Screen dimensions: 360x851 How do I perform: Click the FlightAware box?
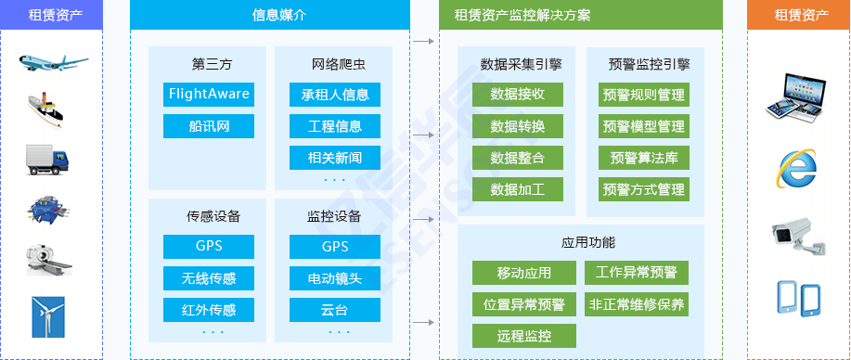pos(209,95)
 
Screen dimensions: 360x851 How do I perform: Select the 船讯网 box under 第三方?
pos(209,126)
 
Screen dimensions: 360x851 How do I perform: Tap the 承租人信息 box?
pos(335,95)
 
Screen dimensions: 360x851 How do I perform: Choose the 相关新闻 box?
pos(335,157)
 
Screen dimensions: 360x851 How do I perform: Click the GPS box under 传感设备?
pos(209,247)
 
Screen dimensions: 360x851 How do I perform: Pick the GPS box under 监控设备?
pos(335,247)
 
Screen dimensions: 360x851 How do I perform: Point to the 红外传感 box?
pos(209,309)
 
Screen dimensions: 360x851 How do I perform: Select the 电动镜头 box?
pos(335,277)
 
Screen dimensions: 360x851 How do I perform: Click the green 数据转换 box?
pos(518,126)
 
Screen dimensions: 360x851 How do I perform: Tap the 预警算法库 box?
pos(643,158)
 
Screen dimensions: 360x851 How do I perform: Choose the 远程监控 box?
pos(524,335)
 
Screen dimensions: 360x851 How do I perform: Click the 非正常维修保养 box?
pos(637,303)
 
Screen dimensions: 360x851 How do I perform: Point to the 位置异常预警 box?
pos(524,303)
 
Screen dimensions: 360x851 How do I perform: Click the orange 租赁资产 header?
pos(798,15)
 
